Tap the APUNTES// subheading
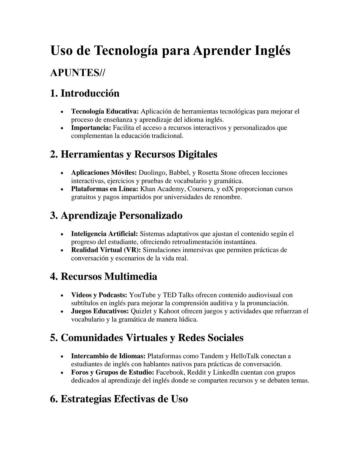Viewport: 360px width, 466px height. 77,73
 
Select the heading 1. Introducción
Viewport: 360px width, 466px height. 85,93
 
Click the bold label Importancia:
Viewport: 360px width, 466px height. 91,128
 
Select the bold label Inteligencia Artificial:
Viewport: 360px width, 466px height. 104,234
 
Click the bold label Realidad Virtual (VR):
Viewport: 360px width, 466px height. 106,250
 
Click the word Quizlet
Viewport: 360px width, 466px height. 141,312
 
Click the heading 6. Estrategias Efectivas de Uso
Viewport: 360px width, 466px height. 119,399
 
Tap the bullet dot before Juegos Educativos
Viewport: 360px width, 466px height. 62,312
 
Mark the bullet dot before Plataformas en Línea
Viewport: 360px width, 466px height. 62,189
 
